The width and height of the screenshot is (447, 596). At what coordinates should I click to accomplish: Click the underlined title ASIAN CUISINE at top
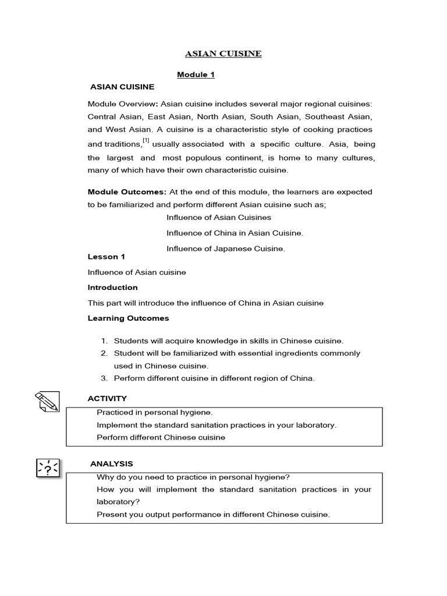[223, 54]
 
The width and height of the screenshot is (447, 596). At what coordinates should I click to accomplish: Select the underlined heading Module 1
[196, 74]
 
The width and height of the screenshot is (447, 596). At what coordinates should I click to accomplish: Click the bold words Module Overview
[122, 104]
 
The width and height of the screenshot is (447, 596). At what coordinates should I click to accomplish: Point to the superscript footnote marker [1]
[146, 140]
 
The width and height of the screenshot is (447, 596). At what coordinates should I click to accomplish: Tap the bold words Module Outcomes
[127, 191]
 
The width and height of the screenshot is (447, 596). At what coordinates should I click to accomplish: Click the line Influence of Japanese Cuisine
[226, 249]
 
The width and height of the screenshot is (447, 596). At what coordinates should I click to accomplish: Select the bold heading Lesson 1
[107, 257]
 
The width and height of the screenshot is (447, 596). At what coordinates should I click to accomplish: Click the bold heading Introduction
[112, 288]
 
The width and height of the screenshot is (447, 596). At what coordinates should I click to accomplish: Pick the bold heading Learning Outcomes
[128, 318]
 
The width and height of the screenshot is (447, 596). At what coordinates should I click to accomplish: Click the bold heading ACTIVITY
[107, 399]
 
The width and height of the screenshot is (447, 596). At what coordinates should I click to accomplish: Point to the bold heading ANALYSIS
[112, 464]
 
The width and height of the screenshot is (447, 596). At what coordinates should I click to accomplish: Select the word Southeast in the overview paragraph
[316, 116]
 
